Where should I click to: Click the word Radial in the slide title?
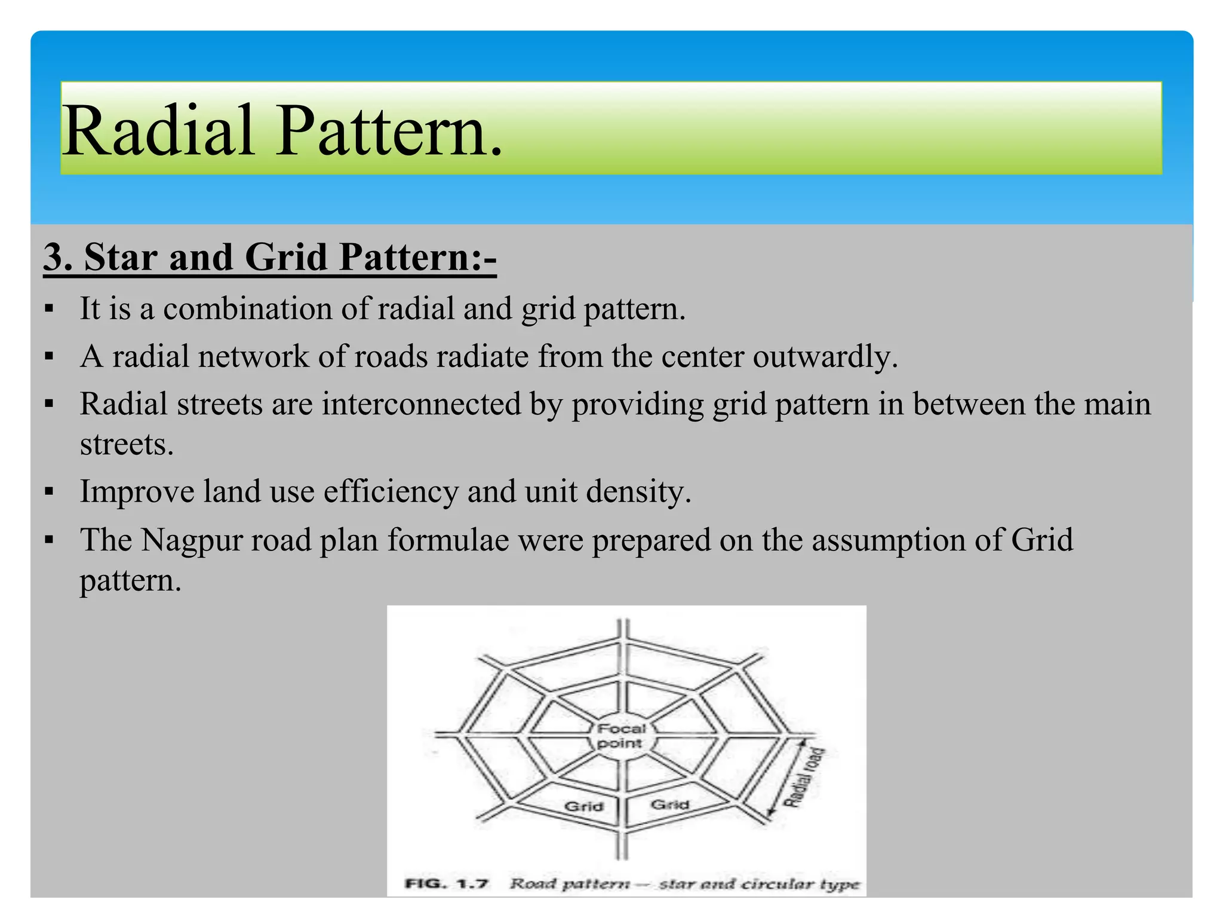coord(158,131)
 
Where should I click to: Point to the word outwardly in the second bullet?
coord(825,357)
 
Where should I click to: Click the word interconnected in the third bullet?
coord(421,404)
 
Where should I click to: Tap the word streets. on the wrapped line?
coord(127,445)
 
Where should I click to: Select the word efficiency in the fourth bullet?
coord(391,492)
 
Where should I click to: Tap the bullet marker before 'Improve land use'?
coord(49,492)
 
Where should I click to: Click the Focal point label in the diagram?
coord(621,736)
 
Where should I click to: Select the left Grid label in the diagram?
coord(583,807)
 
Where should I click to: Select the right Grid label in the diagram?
coord(669,804)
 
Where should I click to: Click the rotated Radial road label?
coord(804,778)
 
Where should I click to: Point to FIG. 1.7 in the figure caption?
coord(447,884)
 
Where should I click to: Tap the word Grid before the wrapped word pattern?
coord(1041,540)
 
